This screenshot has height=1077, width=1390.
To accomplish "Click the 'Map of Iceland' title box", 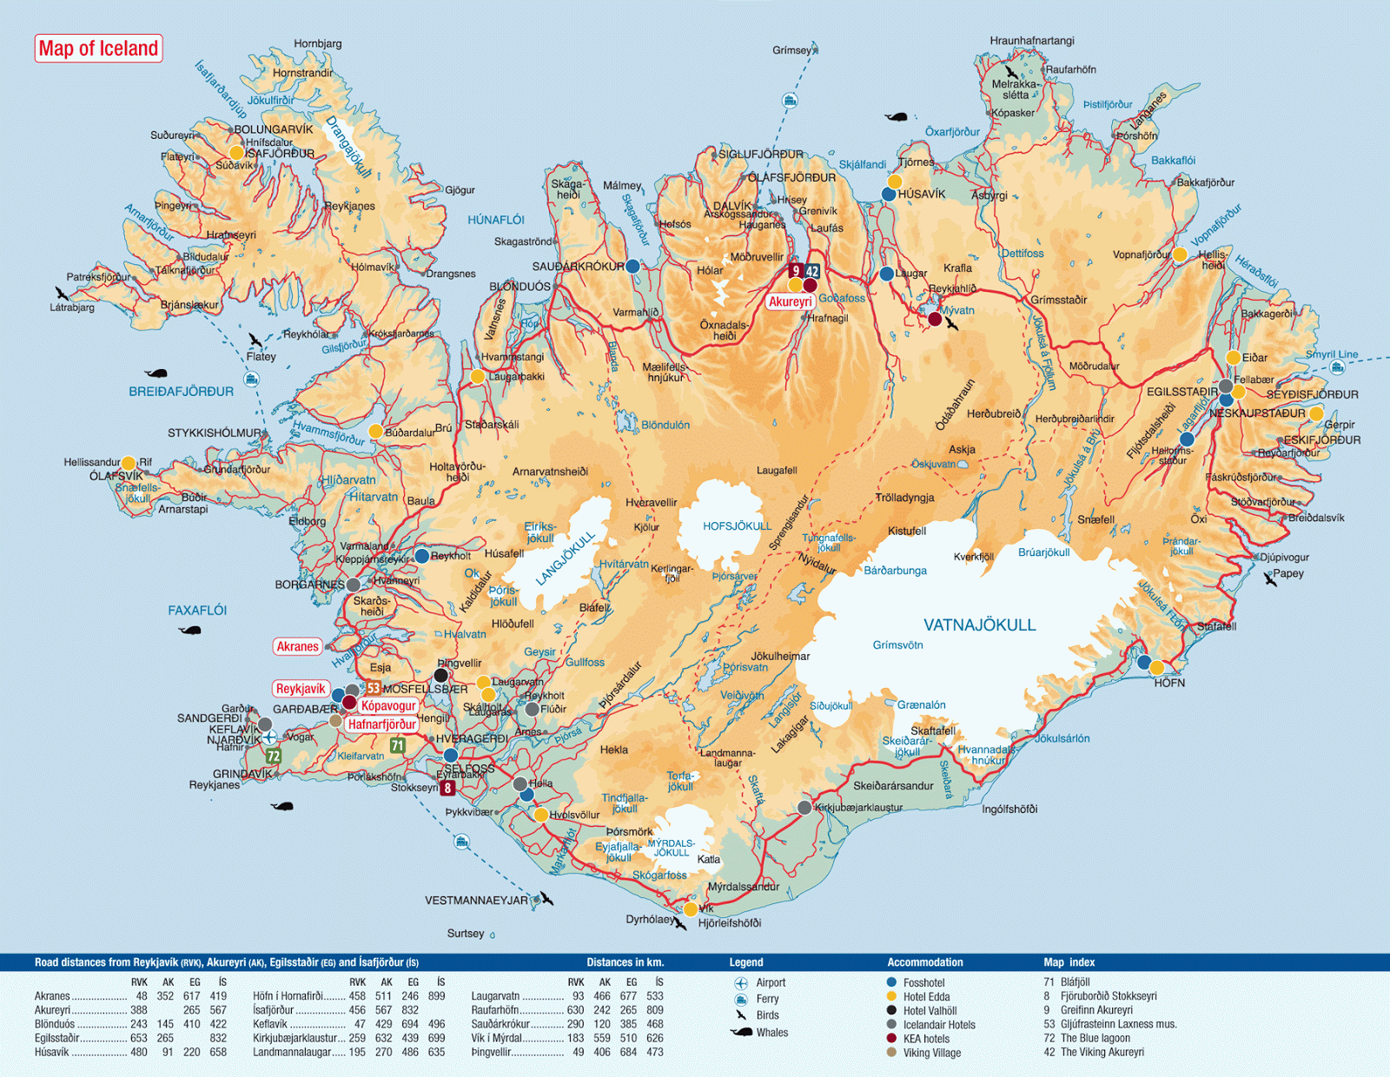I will point(98,49).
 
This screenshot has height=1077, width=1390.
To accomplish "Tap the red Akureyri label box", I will point(790,301).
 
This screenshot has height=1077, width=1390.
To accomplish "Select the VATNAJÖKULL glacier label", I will point(979,625).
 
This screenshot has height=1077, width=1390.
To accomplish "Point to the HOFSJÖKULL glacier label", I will point(737,526).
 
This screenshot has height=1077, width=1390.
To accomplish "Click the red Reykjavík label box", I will point(300,689).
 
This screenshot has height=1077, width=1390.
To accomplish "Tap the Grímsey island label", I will point(791,50).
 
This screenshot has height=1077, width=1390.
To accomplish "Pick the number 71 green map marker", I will point(397,745).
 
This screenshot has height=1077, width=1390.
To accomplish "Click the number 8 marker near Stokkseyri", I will point(447,788).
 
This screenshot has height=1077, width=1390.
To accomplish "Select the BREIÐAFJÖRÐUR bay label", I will point(181,392).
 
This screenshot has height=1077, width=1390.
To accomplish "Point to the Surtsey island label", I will point(466,934).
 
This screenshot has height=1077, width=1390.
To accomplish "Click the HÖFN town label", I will point(1169,683).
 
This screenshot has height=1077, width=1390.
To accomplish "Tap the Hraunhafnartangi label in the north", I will point(1031,41).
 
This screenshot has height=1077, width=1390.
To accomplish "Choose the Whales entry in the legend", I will point(771,1033).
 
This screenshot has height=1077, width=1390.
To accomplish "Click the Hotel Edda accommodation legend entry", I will point(926,997).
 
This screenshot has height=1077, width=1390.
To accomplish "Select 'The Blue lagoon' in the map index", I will point(1095,1038).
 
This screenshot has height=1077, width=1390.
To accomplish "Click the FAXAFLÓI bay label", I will point(197,611).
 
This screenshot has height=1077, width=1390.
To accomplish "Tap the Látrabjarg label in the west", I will point(72,307).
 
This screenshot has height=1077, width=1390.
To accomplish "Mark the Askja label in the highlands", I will point(962,449).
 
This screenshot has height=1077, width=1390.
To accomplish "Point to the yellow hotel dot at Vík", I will point(690,909).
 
